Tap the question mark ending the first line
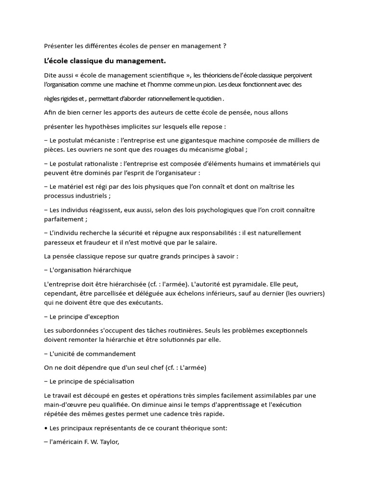(x=224, y=46)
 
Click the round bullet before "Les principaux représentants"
(x=45, y=428)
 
